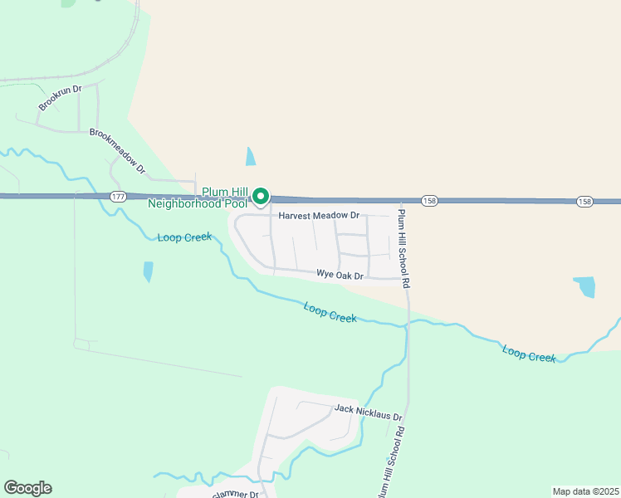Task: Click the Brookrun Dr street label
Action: tap(61, 98)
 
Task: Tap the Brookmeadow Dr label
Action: tap(117, 150)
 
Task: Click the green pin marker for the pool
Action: tap(261, 197)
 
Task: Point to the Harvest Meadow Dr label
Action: tap(319, 216)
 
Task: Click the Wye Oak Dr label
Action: tap(340, 275)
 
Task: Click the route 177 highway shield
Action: tap(117, 196)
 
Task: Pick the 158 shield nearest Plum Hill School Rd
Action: tap(429, 201)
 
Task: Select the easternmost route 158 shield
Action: tap(584, 202)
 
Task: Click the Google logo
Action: tap(27, 488)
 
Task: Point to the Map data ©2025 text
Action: tap(584, 491)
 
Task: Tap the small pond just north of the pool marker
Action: tap(251, 156)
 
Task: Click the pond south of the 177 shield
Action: tap(148, 271)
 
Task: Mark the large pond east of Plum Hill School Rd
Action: tap(585, 286)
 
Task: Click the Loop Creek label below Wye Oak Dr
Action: tap(330, 313)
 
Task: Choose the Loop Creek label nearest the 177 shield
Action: tap(184, 237)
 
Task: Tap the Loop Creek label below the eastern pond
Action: tap(529, 353)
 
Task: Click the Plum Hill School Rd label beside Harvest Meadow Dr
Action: tap(404, 248)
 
